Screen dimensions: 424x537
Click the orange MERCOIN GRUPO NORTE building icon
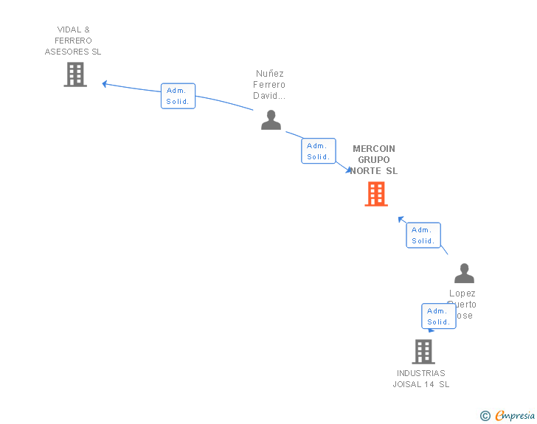[x=376, y=194]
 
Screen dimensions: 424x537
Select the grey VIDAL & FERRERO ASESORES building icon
[x=75, y=74]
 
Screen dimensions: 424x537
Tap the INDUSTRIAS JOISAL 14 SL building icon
[x=423, y=352]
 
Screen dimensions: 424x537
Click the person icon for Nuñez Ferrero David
[x=271, y=119]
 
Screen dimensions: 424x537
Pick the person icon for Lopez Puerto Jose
[x=464, y=274]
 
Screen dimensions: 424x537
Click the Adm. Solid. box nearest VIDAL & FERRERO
[x=178, y=96]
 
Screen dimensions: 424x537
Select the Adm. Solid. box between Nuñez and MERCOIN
[x=319, y=151]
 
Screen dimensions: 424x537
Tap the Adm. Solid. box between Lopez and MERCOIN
[x=423, y=235]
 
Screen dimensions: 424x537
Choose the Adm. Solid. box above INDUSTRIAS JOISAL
[x=439, y=316]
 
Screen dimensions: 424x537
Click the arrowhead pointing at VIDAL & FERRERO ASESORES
[x=105, y=84]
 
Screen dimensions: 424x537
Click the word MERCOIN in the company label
[x=374, y=148]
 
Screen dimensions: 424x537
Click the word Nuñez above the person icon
[x=270, y=74]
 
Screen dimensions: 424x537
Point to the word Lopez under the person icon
[x=462, y=293]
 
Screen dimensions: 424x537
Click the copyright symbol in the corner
[x=485, y=416]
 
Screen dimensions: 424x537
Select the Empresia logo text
[x=515, y=415]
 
